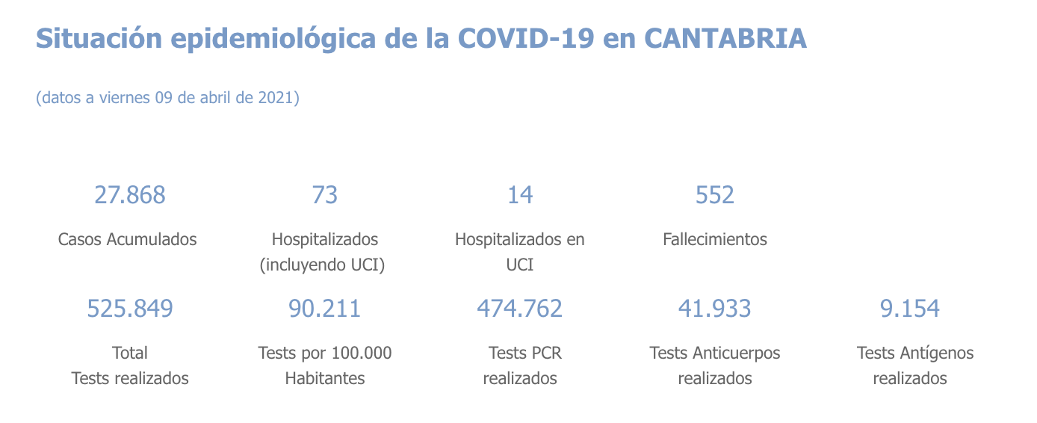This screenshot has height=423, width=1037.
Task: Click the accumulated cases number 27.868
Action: click(x=129, y=195)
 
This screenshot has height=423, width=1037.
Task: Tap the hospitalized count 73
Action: click(x=325, y=195)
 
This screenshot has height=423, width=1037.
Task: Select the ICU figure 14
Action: click(x=520, y=195)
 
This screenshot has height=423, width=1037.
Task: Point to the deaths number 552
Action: click(x=715, y=195)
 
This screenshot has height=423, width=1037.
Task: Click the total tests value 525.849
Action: click(x=130, y=308)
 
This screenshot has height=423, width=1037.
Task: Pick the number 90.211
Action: click(x=325, y=308)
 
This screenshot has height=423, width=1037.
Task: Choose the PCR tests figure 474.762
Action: click(x=520, y=308)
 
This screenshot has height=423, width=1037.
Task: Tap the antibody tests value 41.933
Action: click(x=715, y=308)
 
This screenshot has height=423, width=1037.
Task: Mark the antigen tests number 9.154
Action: click(x=910, y=308)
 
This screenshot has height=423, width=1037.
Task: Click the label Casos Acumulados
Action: click(x=128, y=239)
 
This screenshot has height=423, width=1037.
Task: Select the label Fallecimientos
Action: click(x=715, y=239)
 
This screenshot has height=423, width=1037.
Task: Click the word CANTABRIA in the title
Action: click(x=725, y=38)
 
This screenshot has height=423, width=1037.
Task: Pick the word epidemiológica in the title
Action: click(x=273, y=38)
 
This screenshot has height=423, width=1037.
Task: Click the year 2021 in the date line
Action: click(x=275, y=98)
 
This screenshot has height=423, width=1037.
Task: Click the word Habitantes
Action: click(x=325, y=378)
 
